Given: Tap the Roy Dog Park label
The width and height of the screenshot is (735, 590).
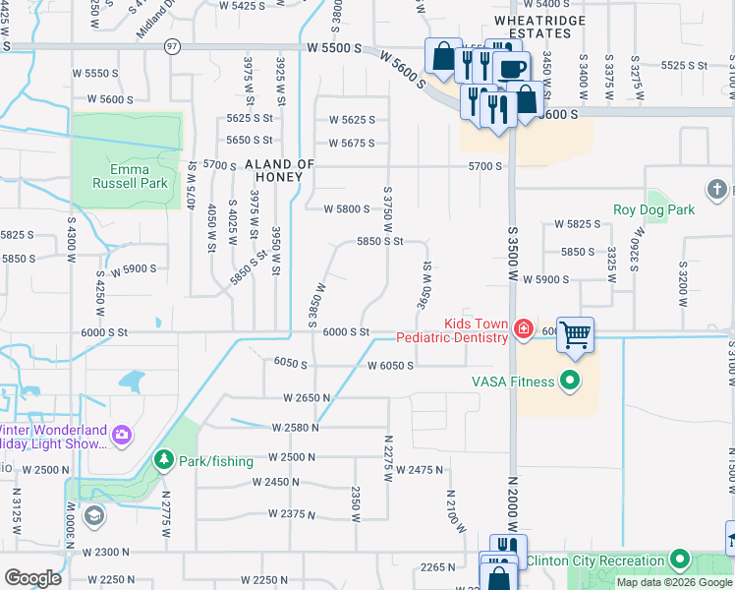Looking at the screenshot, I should (x=653, y=209).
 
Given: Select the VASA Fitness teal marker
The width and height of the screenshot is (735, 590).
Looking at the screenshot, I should (x=569, y=382).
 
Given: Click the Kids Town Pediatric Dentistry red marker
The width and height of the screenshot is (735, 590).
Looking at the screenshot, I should (x=524, y=329).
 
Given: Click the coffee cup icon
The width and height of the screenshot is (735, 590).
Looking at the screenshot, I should (x=511, y=68).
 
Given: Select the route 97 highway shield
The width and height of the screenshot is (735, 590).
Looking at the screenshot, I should (x=173, y=46).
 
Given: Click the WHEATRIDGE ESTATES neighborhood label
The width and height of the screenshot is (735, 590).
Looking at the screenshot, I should (x=539, y=27).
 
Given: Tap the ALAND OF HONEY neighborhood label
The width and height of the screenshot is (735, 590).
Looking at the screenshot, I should (x=279, y=170).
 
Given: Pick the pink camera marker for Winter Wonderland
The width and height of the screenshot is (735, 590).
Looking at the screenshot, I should (x=122, y=434).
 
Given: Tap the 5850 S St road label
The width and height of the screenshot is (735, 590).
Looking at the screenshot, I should (x=380, y=241).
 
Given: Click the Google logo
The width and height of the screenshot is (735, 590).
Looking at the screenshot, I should (x=32, y=578).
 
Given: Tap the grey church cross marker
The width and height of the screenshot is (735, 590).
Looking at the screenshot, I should (x=716, y=188).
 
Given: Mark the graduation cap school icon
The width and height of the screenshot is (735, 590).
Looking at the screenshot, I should (x=93, y=515).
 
